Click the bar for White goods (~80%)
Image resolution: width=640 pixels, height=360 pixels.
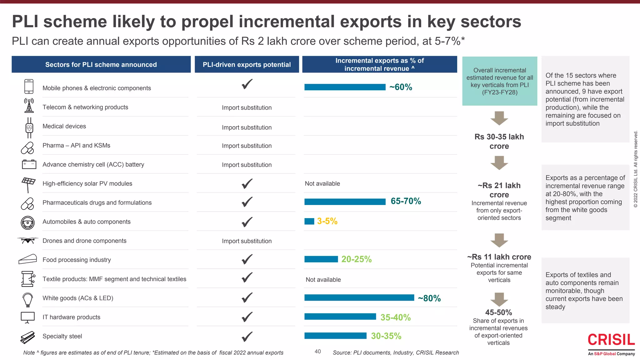tap(359, 298)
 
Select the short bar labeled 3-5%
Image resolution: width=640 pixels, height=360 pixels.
tap(309, 221)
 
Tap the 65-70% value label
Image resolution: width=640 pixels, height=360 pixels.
tap(406, 201)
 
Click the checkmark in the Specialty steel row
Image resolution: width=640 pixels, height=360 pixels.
tap(247, 337)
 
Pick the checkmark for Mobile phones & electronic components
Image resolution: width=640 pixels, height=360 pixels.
tap(247, 84)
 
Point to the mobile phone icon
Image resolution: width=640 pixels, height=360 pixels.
tap(29, 87)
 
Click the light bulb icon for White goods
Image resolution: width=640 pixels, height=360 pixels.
tap(28, 299)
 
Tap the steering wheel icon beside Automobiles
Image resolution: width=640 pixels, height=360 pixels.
tap(27, 222)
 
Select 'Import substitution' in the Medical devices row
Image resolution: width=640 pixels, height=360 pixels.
tap(247, 127)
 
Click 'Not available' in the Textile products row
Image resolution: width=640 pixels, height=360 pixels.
tap(323, 280)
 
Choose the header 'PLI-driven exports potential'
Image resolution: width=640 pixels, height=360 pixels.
tap(247, 65)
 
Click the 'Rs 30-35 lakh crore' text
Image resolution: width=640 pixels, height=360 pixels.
tap(499, 142)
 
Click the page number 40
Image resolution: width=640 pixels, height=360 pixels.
tap(317, 352)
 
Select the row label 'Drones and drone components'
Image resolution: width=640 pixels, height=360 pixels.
tap(84, 241)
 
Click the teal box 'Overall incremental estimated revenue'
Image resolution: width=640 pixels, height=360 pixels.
tap(499, 81)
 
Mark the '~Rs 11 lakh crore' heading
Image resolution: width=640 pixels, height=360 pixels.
tap(499, 257)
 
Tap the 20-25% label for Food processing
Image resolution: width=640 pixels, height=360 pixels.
tap(356, 259)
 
